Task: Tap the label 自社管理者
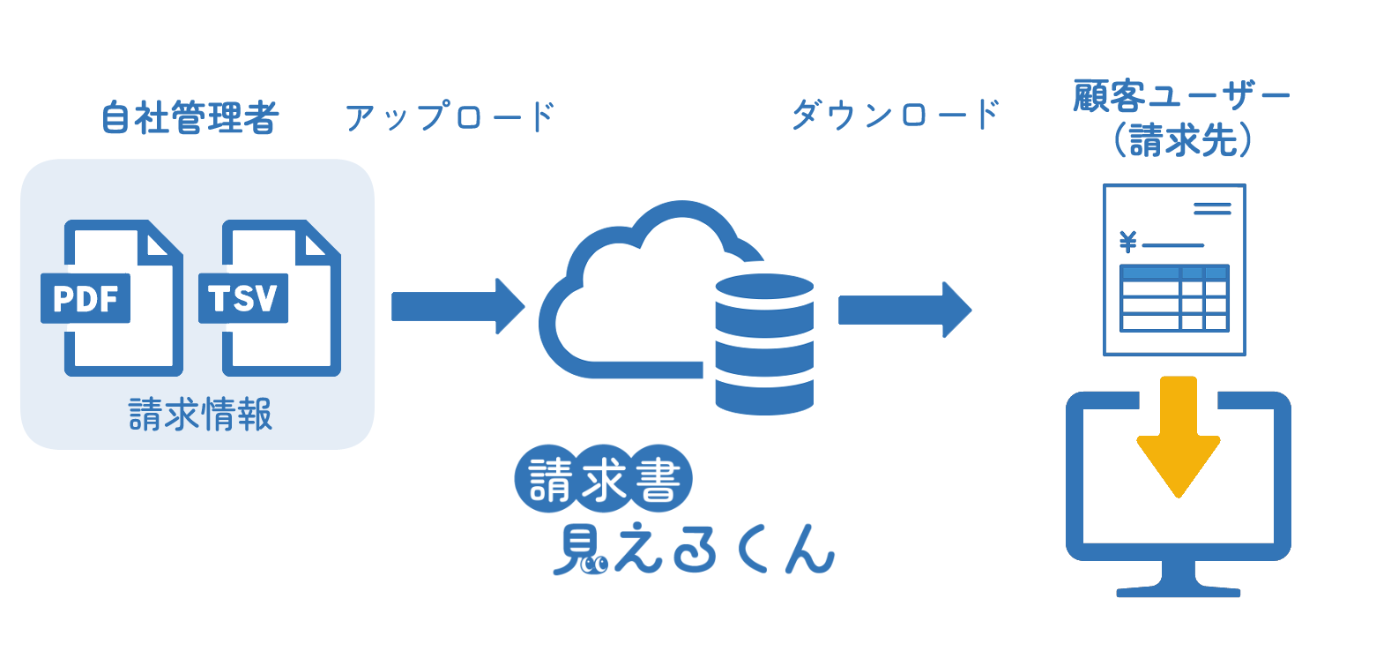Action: pos(190,117)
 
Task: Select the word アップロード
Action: pos(450,116)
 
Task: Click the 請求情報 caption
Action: pos(200,414)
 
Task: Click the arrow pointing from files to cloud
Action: pos(457,306)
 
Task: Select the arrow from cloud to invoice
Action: pos(904,310)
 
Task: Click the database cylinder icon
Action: pos(763,344)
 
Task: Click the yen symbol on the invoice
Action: pos(1127,241)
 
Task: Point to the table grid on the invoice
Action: pos(1173,298)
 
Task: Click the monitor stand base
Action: pos(1178,589)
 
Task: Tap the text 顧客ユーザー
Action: pos(1180,96)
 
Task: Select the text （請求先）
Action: pos(1180,140)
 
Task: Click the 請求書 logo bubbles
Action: pos(604,479)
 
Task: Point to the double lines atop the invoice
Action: pos(1212,209)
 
